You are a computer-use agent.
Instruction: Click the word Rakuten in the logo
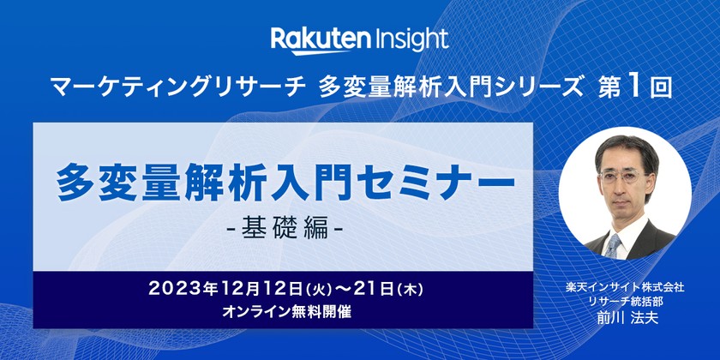(x=321, y=39)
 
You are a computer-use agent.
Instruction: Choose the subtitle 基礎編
(x=283, y=230)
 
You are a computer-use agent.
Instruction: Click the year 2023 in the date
(x=174, y=288)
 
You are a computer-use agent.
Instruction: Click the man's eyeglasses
(x=622, y=178)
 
